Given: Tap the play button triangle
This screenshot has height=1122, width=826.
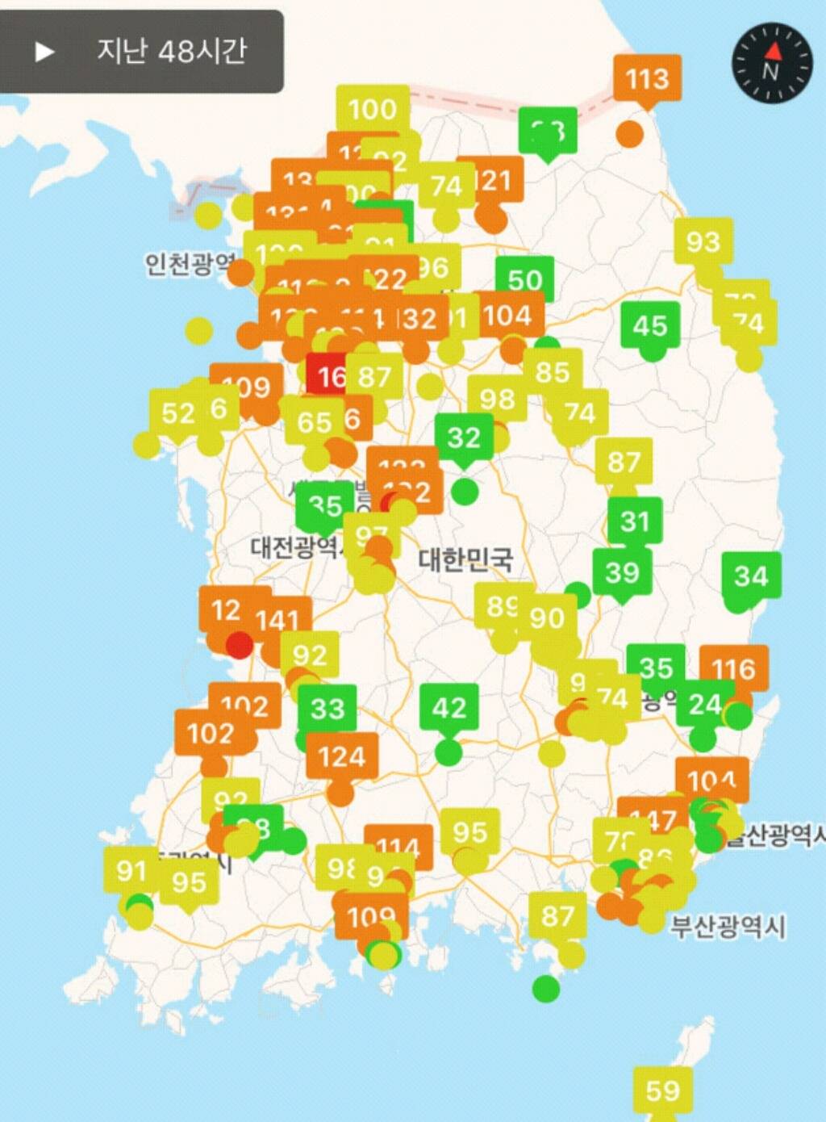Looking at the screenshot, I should pyautogui.click(x=44, y=52).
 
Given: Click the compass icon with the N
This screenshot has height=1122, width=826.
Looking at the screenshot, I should pyautogui.click(x=771, y=63).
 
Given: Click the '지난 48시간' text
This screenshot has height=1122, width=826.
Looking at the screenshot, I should pyautogui.click(x=171, y=52).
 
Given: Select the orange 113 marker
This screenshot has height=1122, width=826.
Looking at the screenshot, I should pyautogui.click(x=647, y=79).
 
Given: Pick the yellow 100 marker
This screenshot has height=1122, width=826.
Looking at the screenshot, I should pyautogui.click(x=372, y=109).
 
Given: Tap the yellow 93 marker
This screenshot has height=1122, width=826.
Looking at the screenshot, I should pyautogui.click(x=703, y=241).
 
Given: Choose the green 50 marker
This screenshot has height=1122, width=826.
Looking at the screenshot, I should pyautogui.click(x=524, y=279).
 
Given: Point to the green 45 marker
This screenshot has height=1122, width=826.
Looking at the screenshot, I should pyautogui.click(x=649, y=325).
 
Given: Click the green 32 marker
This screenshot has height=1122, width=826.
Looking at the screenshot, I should pyautogui.click(x=463, y=437).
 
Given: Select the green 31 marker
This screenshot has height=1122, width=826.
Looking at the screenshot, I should pyautogui.click(x=634, y=521).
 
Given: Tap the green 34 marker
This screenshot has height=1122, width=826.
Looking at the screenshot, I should pyautogui.click(x=751, y=576).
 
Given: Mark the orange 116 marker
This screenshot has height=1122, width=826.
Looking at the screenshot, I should pyautogui.click(x=733, y=668).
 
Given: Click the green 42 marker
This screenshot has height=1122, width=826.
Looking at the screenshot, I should pyautogui.click(x=448, y=708).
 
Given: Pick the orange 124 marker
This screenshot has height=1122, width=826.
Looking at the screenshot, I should pyautogui.click(x=341, y=756).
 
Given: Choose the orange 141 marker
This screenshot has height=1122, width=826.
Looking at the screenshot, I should pyautogui.click(x=277, y=620).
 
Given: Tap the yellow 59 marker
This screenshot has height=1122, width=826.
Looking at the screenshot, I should pyautogui.click(x=662, y=1091).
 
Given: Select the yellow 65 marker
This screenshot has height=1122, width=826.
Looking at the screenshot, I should pyautogui.click(x=315, y=422).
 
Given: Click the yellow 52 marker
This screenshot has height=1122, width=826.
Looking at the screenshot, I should pyautogui.click(x=178, y=413).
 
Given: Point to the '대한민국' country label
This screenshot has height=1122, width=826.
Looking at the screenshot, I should pyautogui.click(x=465, y=559).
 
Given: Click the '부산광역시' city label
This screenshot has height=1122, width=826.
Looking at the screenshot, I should pyautogui.click(x=727, y=926).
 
